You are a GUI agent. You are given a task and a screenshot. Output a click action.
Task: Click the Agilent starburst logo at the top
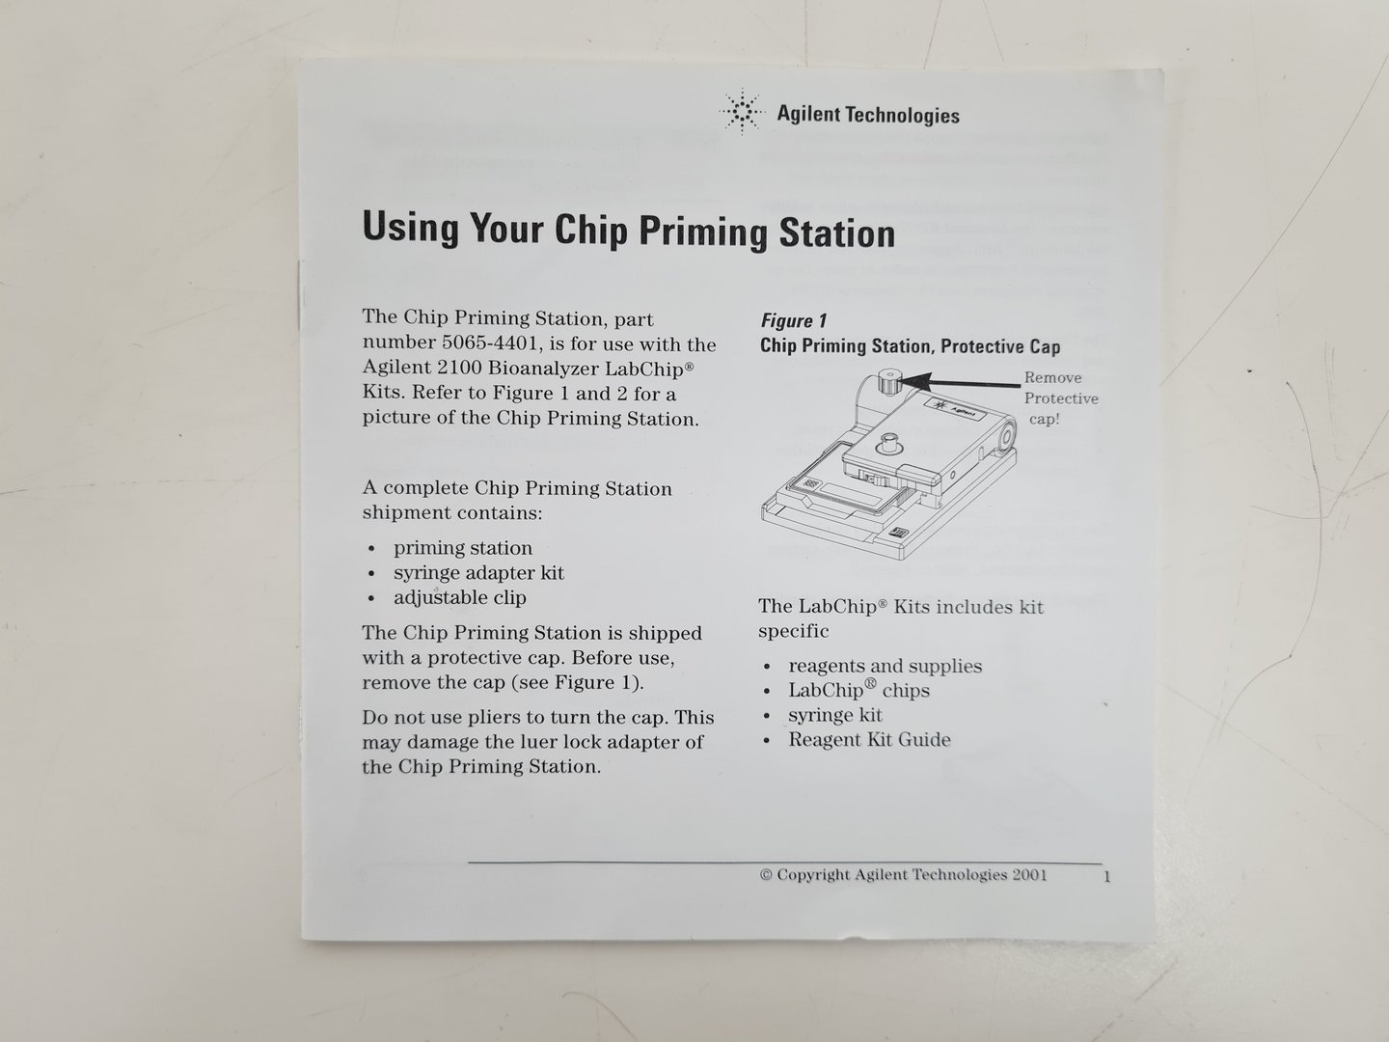click(x=742, y=111)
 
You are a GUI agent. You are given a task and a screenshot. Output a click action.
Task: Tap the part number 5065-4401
click(x=491, y=343)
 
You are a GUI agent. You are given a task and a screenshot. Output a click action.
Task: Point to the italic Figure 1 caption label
click(x=794, y=320)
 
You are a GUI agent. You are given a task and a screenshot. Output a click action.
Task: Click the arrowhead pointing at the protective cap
click(x=915, y=381)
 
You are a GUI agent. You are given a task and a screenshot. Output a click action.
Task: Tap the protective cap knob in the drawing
click(x=888, y=383)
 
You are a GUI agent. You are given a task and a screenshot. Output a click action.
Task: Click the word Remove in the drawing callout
click(x=1053, y=377)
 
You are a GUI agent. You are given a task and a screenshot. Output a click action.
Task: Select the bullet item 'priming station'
click(x=463, y=548)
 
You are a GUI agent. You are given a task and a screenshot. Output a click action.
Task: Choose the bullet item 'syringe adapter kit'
click(x=478, y=572)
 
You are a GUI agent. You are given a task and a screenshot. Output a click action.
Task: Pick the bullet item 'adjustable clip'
click(x=459, y=597)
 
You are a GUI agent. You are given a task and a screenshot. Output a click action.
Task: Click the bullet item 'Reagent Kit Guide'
click(x=869, y=740)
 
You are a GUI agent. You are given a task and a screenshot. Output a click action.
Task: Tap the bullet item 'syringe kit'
click(x=834, y=715)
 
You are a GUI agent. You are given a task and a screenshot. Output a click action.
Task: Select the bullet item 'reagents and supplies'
click(x=885, y=666)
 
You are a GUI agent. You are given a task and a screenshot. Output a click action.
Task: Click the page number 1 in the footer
click(x=1106, y=877)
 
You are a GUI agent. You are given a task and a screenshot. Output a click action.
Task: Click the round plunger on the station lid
click(x=889, y=444)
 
